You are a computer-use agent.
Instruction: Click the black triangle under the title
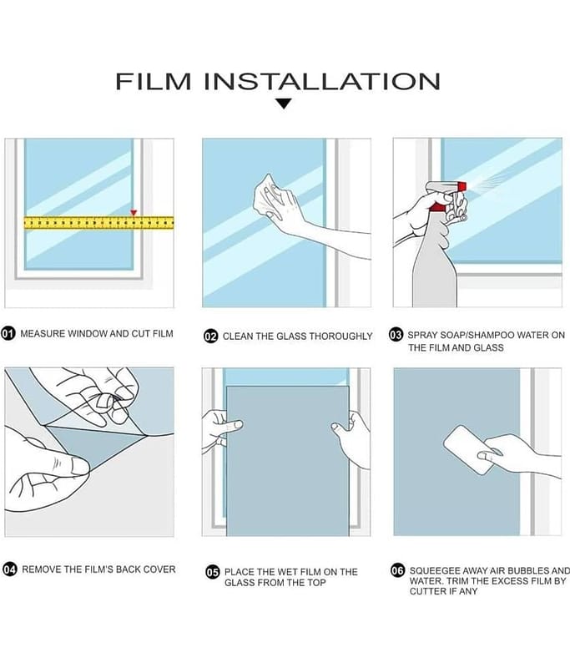[x=283, y=104]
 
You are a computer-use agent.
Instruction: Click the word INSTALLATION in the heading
[x=322, y=81]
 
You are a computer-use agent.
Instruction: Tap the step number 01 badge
[x=8, y=333]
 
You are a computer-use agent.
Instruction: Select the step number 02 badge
[x=210, y=337]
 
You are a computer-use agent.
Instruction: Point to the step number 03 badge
[x=396, y=335]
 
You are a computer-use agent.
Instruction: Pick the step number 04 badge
[x=10, y=569]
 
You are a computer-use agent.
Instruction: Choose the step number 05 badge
[x=213, y=572]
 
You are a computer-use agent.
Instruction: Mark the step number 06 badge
[x=397, y=570]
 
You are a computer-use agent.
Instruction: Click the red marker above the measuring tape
[x=134, y=212]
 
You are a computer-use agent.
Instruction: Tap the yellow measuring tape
[x=98, y=223]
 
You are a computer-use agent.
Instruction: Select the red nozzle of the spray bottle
[x=462, y=186]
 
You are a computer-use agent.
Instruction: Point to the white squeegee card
[x=469, y=449]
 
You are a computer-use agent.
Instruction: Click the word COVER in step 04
[x=159, y=569]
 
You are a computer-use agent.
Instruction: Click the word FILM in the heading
[x=154, y=81]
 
